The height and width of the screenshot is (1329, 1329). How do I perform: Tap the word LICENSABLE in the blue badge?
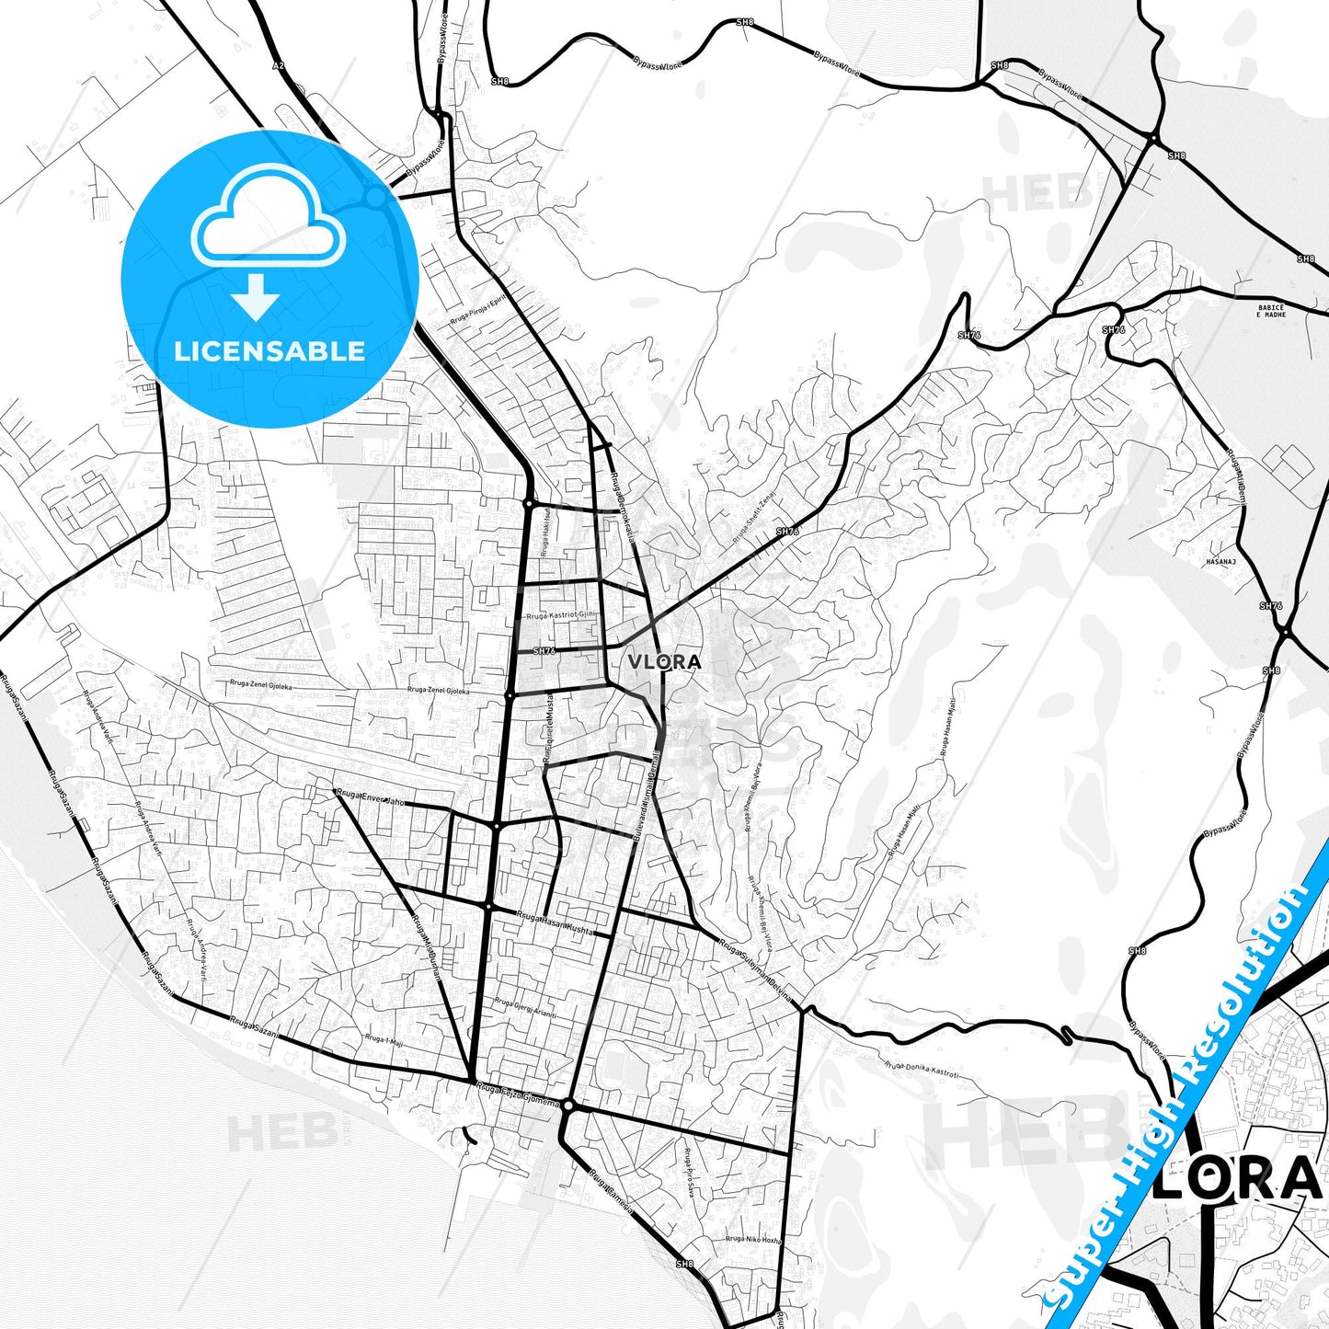click(x=269, y=350)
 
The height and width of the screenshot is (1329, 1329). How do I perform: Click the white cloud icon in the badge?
click(x=268, y=216)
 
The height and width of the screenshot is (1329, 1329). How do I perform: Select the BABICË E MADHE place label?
click(x=1271, y=311)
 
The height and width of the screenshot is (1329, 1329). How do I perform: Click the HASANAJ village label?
click(x=1220, y=561)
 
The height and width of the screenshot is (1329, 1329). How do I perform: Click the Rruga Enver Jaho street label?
click(x=370, y=797)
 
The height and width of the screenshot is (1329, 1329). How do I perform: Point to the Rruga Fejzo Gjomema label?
click(x=517, y=1094)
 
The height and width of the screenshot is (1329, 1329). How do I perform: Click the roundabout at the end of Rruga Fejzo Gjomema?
click(x=568, y=1106)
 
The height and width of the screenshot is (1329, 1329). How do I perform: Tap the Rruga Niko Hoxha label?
click(x=753, y=1240)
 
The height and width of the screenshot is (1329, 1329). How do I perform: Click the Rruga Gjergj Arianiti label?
click(x=525, y=1007)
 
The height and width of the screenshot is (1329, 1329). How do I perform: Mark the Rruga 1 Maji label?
click(x=384, y=1039)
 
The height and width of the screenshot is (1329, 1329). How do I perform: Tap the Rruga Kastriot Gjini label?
click(x=560, y=614)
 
